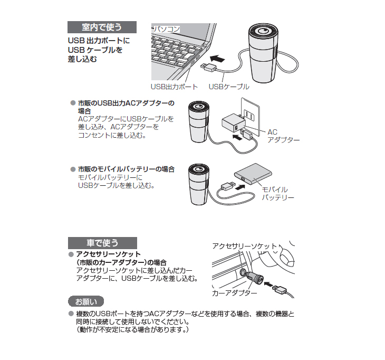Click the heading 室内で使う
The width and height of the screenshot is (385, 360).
click(x=102, y=27)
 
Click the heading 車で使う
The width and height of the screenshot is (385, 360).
click(x=102, y=243)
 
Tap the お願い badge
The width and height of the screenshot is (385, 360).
click(x=86, y=302)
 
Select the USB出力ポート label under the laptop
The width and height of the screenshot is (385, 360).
click(x=175, y=87)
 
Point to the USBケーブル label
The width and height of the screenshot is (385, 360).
click(x=229, y=87)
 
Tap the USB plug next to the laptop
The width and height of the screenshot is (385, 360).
click(x=207, y=67)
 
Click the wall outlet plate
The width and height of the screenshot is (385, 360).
click(x=247, y=113)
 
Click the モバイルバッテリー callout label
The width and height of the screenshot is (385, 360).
click(x=278, y=193)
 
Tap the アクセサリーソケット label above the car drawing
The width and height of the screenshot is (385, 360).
click(x=244, y=247)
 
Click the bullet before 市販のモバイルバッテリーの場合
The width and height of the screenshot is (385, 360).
click(x=73, y=169)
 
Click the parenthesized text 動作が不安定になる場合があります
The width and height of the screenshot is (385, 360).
click(x=132, y=329)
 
